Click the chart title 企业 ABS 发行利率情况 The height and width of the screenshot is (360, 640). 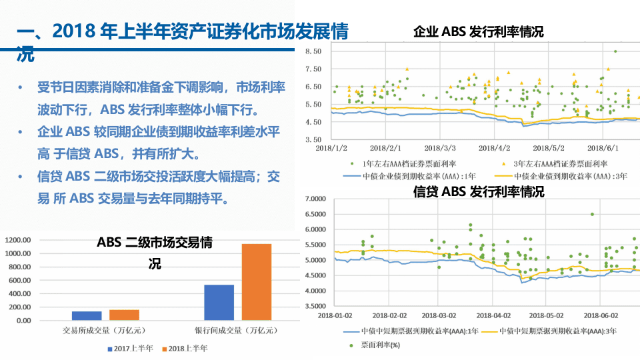click(x=479, y=31)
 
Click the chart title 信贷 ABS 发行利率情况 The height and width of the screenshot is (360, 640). click(x=479, y=192)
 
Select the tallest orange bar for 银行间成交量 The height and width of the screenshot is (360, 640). click(x=257, y=282)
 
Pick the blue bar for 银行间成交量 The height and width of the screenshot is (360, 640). click(x=219, y=303)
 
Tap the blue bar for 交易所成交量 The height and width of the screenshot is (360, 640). click(x=87, y=316)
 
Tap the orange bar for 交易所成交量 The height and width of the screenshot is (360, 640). click(x=124, y=315)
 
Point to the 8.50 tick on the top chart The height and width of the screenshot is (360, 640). click(x=313, y=51)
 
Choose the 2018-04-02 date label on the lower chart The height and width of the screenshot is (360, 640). click(x=497, y=315)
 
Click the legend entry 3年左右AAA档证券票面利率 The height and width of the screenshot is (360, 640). click(x=561, y=163)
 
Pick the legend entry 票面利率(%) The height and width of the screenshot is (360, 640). click(x=380, y=345)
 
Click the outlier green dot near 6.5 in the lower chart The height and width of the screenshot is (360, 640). click(x=592, y=214)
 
